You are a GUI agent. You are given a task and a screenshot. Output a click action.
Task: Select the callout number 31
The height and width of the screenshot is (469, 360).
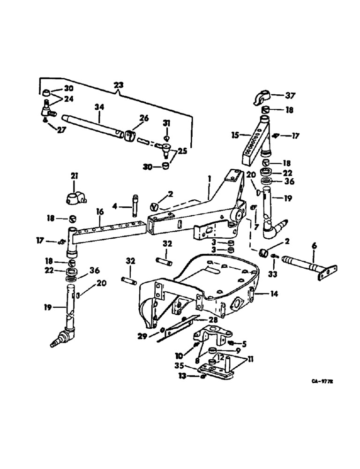click(167, 122)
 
